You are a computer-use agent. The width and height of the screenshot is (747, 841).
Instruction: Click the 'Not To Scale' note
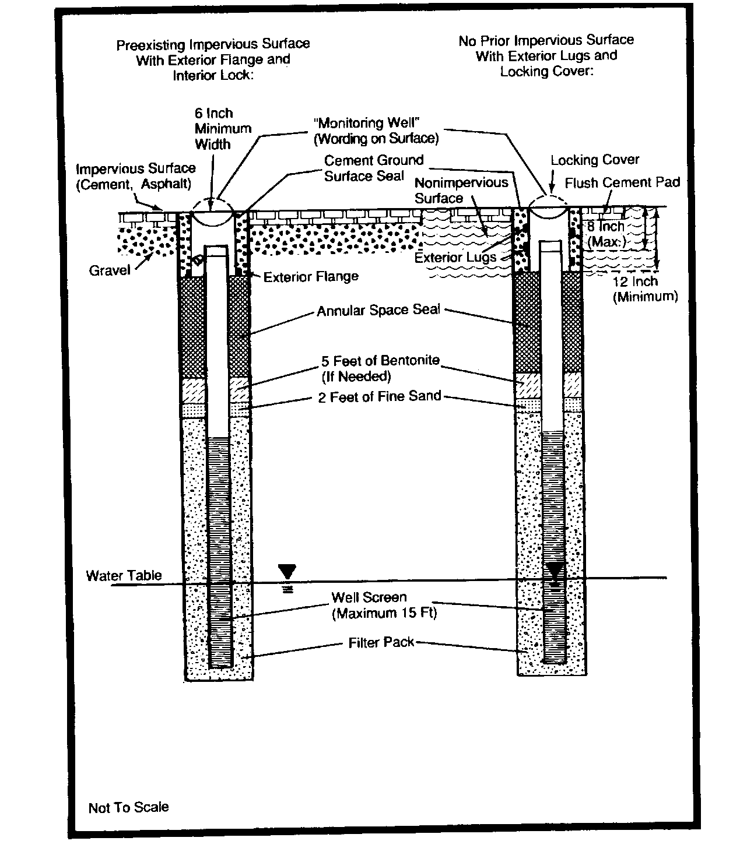(128, 807)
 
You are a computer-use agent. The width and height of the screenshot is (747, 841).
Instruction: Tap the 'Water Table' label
(124, 576)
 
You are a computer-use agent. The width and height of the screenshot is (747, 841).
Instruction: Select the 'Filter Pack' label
(381, 642)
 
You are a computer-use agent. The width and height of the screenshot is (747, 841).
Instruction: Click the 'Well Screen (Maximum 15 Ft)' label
(384, 605)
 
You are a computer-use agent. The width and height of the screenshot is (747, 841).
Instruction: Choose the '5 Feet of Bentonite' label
(380, 368)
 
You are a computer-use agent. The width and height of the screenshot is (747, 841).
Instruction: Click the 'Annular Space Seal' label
(378, 310)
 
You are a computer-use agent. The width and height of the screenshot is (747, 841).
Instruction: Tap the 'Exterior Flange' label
(311, 277)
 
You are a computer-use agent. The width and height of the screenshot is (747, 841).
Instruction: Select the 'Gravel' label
(110, 270)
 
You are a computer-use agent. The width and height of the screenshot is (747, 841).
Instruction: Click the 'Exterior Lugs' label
(455, 257)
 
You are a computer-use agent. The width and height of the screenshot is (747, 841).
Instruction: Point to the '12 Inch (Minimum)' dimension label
(645, 289)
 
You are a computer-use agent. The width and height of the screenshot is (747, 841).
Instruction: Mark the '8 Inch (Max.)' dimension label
(605, 234)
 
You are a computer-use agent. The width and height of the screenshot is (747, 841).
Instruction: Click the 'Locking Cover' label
(595, 160)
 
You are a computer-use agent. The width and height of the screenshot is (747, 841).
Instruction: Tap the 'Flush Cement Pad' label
(622, 183)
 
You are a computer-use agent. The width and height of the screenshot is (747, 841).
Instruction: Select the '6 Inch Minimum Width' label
(222, 129)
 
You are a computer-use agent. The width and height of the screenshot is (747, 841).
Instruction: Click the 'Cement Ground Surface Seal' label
(373, 168)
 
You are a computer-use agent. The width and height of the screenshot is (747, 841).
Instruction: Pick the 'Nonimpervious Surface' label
(461, 190)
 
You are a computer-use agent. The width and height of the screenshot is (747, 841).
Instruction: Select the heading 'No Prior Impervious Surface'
(546, 41)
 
